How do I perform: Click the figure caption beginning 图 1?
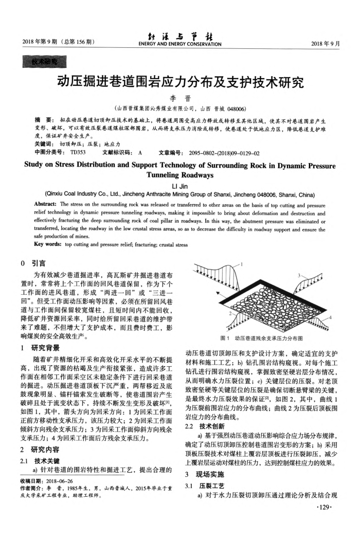261,338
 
